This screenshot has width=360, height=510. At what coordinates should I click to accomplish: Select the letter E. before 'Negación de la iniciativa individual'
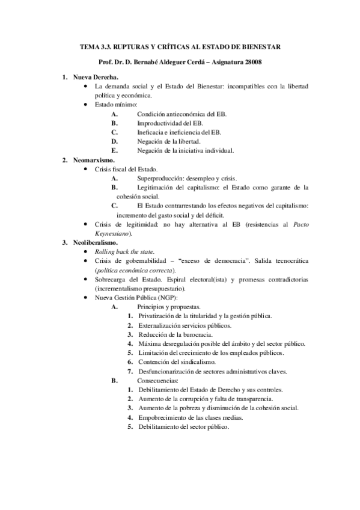(114, 150)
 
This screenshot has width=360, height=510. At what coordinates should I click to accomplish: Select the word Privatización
(159, 316)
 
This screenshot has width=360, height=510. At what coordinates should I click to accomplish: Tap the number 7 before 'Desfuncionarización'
(130, 371)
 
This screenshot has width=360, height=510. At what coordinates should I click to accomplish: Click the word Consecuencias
(157, 380)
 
